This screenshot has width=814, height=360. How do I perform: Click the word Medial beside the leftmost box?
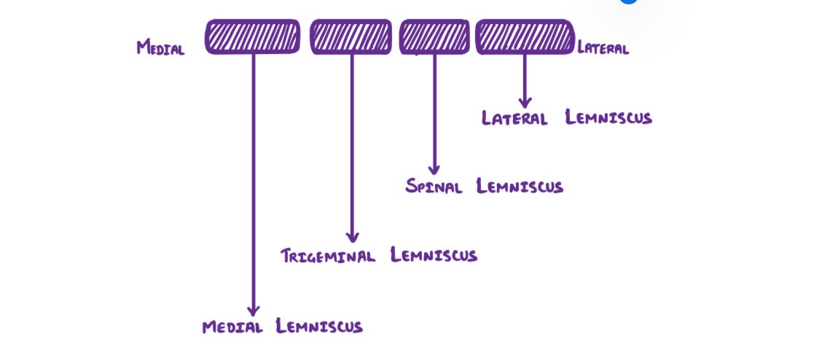160,48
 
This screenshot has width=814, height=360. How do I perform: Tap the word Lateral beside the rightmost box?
603,49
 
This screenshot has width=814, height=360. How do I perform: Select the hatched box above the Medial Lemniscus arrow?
253,36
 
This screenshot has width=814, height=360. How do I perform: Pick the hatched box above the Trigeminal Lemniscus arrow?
351,36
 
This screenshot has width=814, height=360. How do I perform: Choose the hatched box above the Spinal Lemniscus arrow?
434,36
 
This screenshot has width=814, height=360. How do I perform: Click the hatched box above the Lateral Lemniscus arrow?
525,36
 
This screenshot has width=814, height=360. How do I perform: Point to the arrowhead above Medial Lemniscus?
254,310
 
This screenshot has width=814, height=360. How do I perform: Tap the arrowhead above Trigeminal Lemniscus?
352,237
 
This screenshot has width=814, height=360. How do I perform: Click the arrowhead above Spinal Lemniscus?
434,169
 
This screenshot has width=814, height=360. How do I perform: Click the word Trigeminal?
328,256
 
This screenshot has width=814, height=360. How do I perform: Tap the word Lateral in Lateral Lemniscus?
514,118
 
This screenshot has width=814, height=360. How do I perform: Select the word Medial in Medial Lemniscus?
232,326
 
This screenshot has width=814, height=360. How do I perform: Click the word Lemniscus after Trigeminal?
434,255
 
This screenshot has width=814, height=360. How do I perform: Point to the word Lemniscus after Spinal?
520,187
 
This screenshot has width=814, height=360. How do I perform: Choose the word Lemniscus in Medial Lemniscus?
319,326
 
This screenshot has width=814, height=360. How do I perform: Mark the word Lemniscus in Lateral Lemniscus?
608,118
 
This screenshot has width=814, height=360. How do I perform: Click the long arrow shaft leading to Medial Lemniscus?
254,182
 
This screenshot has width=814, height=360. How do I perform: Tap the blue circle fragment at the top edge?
628,1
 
